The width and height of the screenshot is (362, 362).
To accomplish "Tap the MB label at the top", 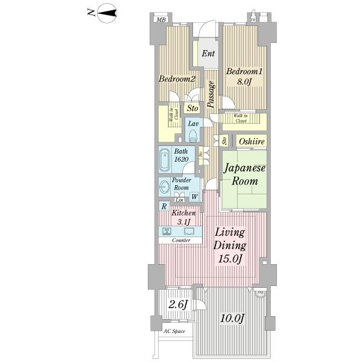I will click(161, 20).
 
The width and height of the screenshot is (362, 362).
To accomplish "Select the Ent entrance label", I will click(208, 54).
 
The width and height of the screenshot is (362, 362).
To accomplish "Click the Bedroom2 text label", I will click(177, 79).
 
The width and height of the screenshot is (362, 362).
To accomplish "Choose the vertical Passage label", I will click(211, 94).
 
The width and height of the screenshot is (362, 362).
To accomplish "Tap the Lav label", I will click(193, 124).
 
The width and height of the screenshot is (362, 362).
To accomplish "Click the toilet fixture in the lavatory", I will click(193, 135).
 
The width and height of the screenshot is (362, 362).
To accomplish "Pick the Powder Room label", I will click(182, 184).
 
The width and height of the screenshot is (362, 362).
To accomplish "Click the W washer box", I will click(195, 197).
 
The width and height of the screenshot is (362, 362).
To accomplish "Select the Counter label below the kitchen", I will click(181, 241).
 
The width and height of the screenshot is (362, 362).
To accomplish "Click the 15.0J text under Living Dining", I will click(230, 259).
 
